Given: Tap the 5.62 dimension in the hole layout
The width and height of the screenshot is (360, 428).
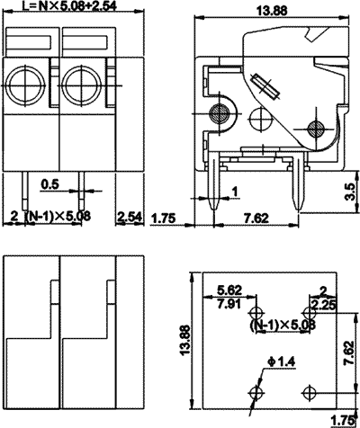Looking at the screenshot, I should pyautogui.click(x=229, y=290).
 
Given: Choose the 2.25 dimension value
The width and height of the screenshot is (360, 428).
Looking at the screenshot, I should pyautogui.click(x=325, y=304).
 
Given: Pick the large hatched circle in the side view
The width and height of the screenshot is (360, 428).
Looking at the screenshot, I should pyautogui.click(x=217, y=113).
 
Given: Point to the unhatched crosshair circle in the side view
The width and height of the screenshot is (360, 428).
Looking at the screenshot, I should pyautogui.click(x=262, y=117).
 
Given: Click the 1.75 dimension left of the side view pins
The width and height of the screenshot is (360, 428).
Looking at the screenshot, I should pyautogui.click(x=164, y=218).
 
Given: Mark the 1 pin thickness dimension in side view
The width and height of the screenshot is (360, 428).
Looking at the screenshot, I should pyautogui.click(x=235, y=192).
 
